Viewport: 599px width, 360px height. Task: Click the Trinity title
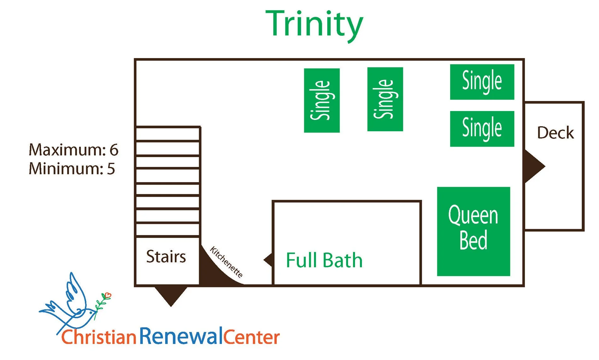pyautogui.click(x=314, y=25)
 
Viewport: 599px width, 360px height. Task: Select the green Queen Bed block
pyautogui.click(x=473, y=231)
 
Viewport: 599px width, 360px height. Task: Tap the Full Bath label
pyautogui.click(x=324, y=260)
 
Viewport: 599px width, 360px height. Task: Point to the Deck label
pyautogui.click(x=555, y=133)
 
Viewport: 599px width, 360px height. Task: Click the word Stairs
pyautogui.click(x=166, y=257)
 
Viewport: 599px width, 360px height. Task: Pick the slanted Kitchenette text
pyautogui.click(x=226, y=262)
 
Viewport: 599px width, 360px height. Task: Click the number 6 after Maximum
pyautogui.click(x=114, y=150)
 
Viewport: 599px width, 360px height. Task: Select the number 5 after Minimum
pyautogui.click(x=111, y=169)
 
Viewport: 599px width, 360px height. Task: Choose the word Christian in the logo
pyautogui.click(x=98, y=337)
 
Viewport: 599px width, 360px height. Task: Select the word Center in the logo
pyautogui.click(x=252, y=337)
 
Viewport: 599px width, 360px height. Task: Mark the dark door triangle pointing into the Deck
pyautogui.click(x=533, y=166)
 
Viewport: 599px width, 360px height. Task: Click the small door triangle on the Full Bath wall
pyautogui.click(x=269, y=260)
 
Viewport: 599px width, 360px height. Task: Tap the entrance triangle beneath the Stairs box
pyautogui.click(x=171, y=294)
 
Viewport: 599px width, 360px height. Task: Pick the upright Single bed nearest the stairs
pyautogui.click(x=322, y=100)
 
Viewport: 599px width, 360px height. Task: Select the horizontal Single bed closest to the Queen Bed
pyautogui.click(x=482, y=129)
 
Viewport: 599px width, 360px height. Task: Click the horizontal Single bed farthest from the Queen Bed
pyautogui.click(x=482, y=82)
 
